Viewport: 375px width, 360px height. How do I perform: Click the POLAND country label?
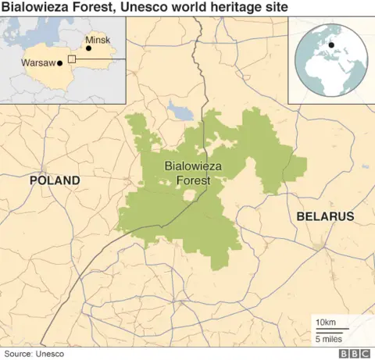pyautogui.click(x=55, y=180)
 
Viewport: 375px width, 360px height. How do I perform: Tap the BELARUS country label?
pyautogui.click(x=325, y=216)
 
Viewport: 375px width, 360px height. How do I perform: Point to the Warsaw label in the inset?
pyautogui.click(x=37, y=62)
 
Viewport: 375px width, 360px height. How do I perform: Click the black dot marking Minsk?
pyautogui.click(x=88, y=48)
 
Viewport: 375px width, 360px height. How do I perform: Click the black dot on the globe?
pyautogui.click(x=332, y=45)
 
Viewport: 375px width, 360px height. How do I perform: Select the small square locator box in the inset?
pyautogui.click(x=71, y=59)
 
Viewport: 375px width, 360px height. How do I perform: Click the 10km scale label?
pyautogui.click(x=326, y=323)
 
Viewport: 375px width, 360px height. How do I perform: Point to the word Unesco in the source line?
pyautogui.click(x=50, y=353)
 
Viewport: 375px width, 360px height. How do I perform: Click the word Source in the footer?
pyautogui.click(x=17, y=353)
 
